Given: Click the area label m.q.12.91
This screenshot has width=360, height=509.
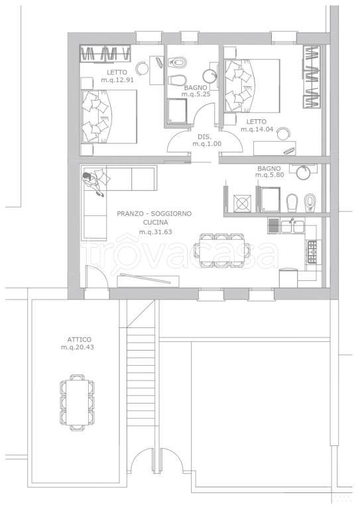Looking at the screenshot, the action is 117,80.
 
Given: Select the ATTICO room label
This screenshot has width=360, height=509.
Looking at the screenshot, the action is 79,339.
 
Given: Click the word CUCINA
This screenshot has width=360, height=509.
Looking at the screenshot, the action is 156,223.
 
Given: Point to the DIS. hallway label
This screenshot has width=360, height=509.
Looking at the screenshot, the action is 205,137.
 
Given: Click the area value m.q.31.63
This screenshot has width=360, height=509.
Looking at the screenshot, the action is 156,232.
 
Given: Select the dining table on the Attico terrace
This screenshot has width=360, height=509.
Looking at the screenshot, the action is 77,402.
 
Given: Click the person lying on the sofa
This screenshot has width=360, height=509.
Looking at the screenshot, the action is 94,184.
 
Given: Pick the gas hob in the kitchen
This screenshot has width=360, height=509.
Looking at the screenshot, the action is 312,252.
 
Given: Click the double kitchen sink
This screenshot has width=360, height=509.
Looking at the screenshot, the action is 293,226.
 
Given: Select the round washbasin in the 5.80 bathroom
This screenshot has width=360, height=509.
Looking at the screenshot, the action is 304,172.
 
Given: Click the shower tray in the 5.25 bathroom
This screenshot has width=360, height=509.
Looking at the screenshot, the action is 178,111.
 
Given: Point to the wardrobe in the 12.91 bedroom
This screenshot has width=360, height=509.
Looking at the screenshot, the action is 105,53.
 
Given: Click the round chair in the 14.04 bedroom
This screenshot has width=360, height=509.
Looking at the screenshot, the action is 284,133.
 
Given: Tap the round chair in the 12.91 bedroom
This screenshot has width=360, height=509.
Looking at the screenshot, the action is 141,68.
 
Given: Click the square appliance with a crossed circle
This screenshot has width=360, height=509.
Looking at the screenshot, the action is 243,203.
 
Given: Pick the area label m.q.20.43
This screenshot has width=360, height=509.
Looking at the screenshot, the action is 78,347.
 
